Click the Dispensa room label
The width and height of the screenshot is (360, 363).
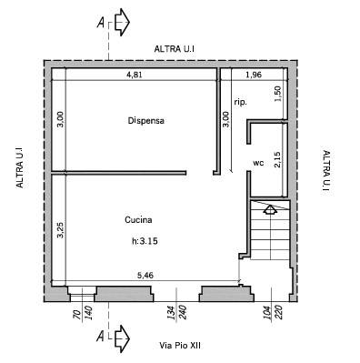tap(146, 121)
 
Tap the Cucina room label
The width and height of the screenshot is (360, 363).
tap(138, 220)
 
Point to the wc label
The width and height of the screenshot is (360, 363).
tap(258, 163)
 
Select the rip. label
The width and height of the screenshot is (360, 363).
tap(241, 103)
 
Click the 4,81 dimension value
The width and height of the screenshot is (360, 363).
tap(134, 75)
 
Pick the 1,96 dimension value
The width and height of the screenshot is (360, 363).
tap(254, 75)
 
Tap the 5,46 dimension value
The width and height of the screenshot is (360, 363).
tap(145, 276)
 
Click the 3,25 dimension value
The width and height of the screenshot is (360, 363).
tap(61, 230)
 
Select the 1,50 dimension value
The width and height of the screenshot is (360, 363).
tap(278, 95)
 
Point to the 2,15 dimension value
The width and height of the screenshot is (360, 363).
tap(277, 159)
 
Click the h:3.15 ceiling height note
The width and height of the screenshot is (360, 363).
tap(145, 241)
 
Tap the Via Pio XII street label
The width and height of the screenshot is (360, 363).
tap(180, 346)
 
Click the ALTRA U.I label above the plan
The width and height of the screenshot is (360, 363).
tap(175, 49)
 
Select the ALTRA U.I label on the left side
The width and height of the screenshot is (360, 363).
tap(19, 167)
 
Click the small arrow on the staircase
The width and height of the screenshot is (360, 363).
tap(270, 209)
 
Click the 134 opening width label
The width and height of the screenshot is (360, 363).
tap(171, 312)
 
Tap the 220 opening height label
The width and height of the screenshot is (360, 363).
tap(278, 312)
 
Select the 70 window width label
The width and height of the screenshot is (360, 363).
tap(77, 315)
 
